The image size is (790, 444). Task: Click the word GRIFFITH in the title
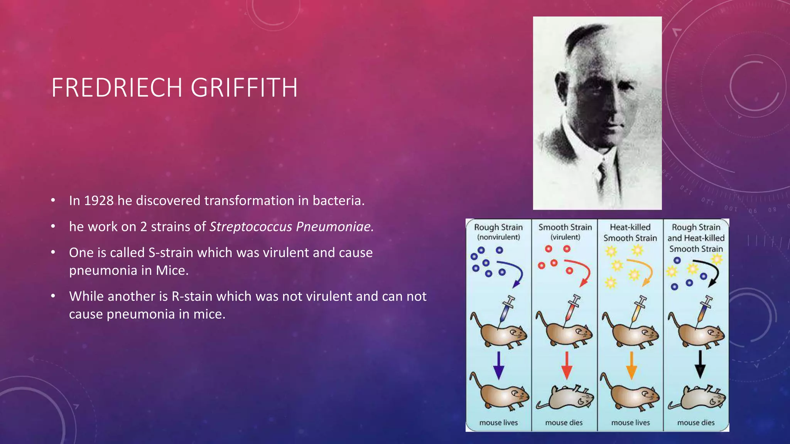click(244, 88)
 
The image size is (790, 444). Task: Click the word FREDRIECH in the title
click(116, 88)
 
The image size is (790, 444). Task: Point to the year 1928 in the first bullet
click(99, 201)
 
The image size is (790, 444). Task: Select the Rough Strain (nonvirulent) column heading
click(498, 232)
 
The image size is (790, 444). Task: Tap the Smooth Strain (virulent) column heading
click(565, 232)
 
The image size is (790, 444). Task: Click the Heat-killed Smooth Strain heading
click(630, 232)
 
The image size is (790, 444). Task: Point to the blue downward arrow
click(499, 365)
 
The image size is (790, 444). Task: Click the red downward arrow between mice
click(566, 365)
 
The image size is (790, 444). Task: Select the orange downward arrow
click(631, 365)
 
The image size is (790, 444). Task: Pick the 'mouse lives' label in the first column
click(498, 423)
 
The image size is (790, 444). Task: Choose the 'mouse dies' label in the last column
click(696, 423)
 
